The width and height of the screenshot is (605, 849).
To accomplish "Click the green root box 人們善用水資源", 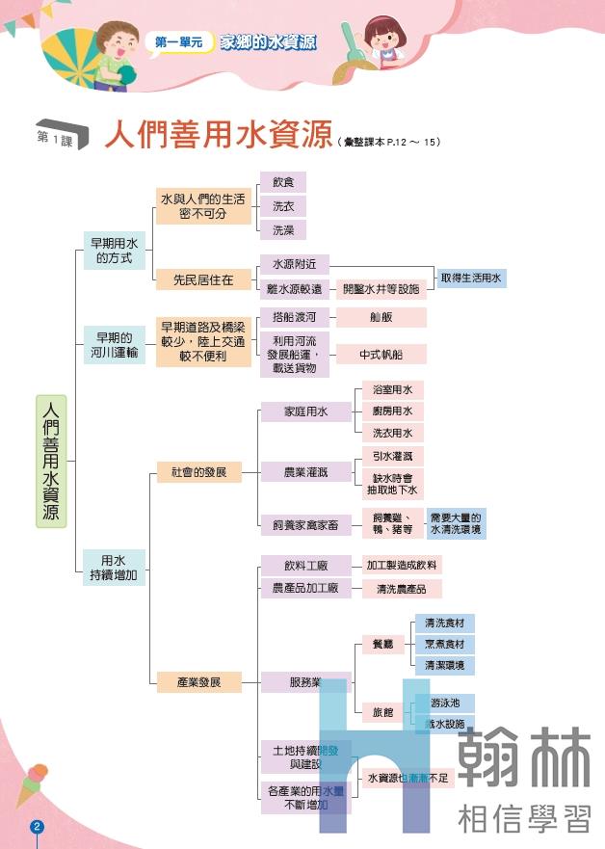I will click(x=51, y=461).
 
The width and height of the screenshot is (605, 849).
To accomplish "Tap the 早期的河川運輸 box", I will click(x=114, y=345).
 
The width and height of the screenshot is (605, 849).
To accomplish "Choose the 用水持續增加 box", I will click(x=114, y=567).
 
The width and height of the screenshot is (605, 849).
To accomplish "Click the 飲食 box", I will click(x=283, y=182).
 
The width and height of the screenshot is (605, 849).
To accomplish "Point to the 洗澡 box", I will click(x=283, y=230).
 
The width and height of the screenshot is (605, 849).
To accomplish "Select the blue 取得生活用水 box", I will click(x=471, y=278).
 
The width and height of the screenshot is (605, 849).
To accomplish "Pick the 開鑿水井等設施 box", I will click(x=381, y=289).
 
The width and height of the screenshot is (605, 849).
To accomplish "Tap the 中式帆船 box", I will click(x=381, y=355).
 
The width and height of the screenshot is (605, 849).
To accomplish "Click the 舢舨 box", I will click(x=381, y=317).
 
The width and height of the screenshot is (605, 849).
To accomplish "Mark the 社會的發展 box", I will click(x=198, y=472).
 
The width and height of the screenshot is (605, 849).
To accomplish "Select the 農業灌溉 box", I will click(x=305, y=472).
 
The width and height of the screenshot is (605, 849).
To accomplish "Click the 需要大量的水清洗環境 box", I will click(x=457, y=523).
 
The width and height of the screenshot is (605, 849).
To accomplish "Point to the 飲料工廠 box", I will click(x=305, y=565).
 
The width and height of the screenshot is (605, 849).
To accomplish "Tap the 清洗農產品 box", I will click(x=402, y=588).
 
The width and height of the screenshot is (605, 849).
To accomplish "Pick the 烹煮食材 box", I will click(x=444, y=644).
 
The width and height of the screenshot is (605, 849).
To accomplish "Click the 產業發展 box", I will click(x=198, y=682).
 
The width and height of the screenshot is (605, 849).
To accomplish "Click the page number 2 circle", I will click(x=38, y=827).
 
